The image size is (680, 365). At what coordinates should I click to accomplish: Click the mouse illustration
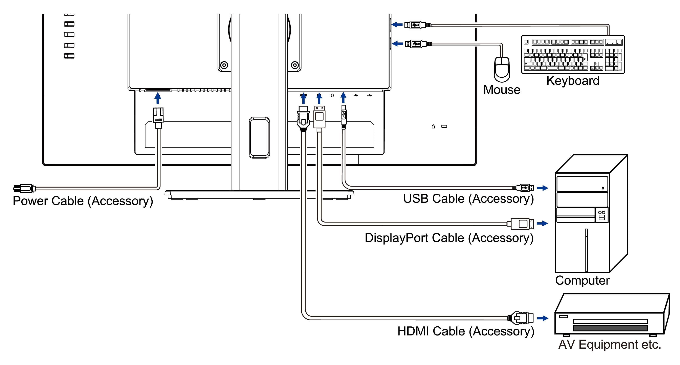pyautogui.click(x=502, y=70)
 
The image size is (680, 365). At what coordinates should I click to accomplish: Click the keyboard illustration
pyautogui.click(x=573, y=55)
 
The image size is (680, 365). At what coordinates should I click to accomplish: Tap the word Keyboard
pyautogui.click(x=573, y=81)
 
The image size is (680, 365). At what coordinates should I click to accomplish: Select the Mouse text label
pyautogui.click(x=502, y=90)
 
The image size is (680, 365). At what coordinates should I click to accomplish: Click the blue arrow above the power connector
pyautogui.click(x=158, y=98)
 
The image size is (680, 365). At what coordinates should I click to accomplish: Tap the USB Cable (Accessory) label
pyautogui.click(x=468, y=199)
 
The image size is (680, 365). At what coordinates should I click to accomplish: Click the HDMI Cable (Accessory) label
pyautogui.click(x=466, y=331)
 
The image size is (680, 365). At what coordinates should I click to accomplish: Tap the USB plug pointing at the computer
pyautogui.click(x=524, y=188)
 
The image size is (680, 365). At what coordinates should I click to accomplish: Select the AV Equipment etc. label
pyautogui.click(x=610, y=345)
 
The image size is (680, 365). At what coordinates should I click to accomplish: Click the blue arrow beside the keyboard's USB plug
pyautogui.click(x=397, y=25)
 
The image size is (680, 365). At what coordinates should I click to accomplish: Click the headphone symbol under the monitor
pyautogui.click(x=332, y=95)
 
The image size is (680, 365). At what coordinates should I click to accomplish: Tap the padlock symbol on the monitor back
pyautogui.click(x=433, y=126)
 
